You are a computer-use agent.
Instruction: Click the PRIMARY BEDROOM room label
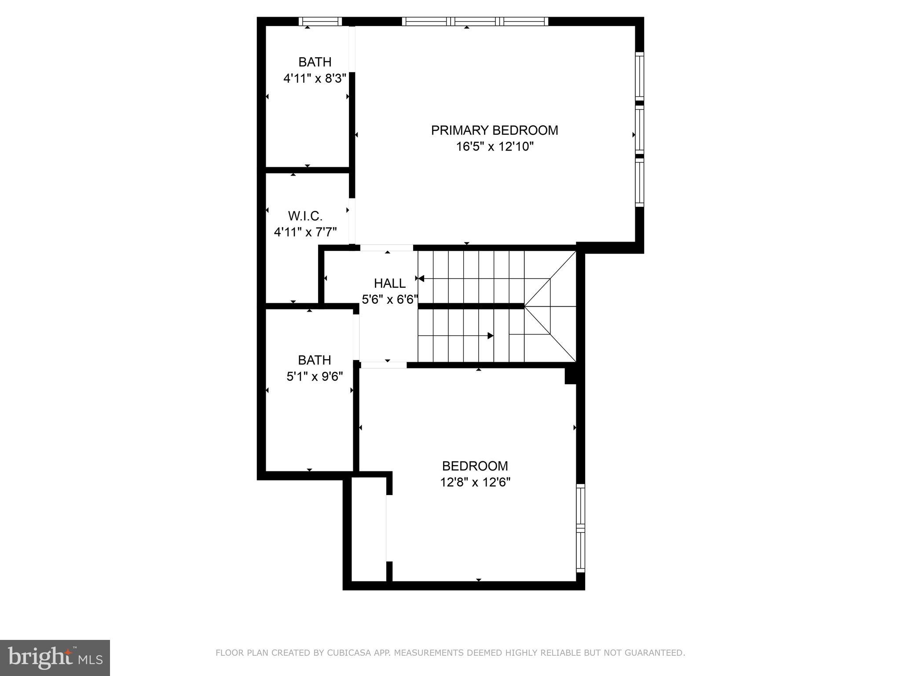(x=494, y=130)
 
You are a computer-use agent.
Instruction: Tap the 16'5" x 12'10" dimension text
(x=494, y=147)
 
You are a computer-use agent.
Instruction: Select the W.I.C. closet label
(x=305, y=216)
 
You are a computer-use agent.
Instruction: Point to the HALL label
(x=390, y=283)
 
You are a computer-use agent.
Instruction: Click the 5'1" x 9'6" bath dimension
(x=315, y=377)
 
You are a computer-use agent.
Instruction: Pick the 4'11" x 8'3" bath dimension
(x=315, y=79)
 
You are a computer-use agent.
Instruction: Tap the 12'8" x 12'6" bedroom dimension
(x=475, y=482)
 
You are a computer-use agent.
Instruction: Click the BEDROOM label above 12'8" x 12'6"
(x=475, y=466)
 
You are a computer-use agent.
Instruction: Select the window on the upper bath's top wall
(x=320, y=21)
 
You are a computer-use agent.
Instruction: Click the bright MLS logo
(x=55, y=658)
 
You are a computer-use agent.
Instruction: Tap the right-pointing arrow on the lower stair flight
(x=490, y=336)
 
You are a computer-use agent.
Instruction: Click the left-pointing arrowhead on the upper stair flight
(x=421, y=279)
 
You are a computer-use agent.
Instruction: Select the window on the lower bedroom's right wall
(x=581, y=528)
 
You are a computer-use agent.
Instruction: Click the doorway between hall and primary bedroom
(x=387, y=248)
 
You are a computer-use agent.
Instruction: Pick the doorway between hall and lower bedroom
(x=384, y=365)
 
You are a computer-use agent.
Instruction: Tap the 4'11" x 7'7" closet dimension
(x=305, y=232)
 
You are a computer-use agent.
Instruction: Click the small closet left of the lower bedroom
(x=369, y=530)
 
